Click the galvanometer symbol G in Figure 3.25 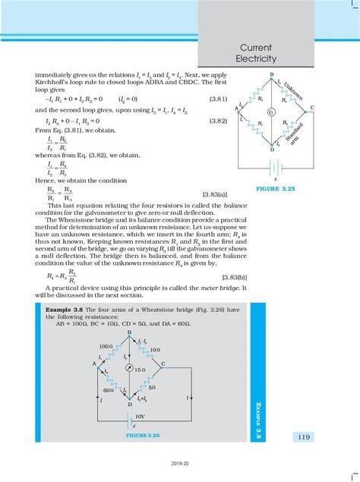271,112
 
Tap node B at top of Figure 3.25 271,73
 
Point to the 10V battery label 141,417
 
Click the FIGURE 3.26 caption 142,437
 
